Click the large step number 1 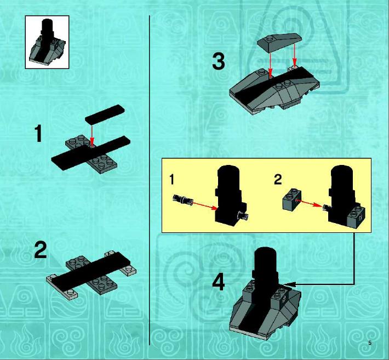point(38,134)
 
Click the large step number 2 point(41,250)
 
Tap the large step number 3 point(219,61)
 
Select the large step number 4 point(219,283)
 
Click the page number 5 point(370,343)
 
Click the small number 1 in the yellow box point(171,179)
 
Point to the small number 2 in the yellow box point(278,179)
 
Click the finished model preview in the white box point(47,42)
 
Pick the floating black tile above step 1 point(105,114)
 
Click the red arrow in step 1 point(92,135)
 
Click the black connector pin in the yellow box point(183,199)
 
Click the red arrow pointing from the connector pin point(205,205)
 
